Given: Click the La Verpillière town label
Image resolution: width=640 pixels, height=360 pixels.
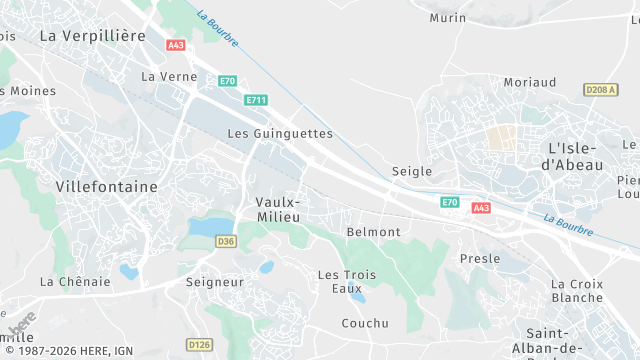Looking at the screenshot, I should (92, 35).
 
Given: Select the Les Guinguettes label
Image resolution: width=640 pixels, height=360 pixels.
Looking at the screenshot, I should (280, 133).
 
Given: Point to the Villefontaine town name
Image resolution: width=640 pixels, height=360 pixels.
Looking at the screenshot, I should (107, 187).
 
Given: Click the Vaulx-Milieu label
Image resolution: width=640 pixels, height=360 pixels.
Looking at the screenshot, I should (278, 211).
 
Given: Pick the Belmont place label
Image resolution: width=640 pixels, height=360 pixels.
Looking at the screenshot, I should (373, 232).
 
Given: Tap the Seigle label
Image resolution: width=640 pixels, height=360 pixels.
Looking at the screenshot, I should (412, 171).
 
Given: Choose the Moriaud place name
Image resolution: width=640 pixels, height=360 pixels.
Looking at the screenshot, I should (530, 82).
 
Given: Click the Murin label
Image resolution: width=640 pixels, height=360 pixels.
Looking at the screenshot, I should (448, 18).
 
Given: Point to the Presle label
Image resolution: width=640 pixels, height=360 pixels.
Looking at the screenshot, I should (480, 258).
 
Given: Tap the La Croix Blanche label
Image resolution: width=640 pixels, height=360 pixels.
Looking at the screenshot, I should (577, 290).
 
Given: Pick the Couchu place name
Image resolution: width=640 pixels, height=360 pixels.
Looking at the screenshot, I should (365, 323).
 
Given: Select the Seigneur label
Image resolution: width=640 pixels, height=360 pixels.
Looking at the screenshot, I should (215, 282).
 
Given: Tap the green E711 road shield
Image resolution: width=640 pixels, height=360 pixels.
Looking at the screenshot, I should (256, 99).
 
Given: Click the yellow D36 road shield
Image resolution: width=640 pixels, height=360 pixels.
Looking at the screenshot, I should (226, 241).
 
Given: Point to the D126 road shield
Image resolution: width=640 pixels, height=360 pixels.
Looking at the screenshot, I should (200, 345).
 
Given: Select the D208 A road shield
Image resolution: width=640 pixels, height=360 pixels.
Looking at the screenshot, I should (601, 90).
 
